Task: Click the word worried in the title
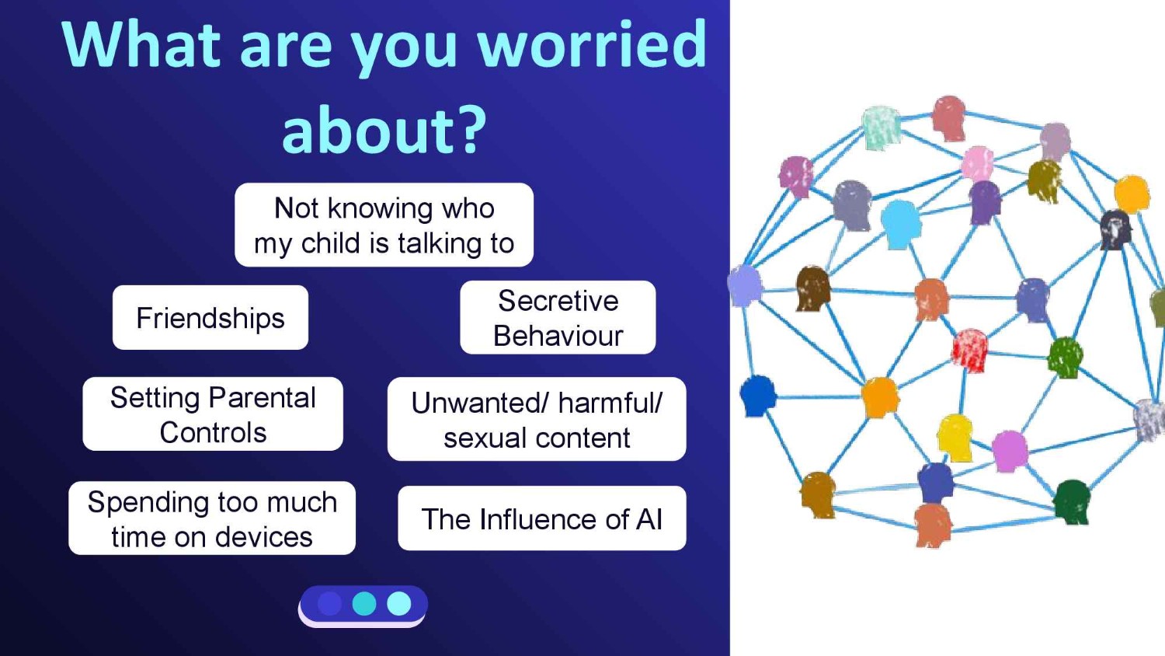pyautogui.click(x=592, y=45)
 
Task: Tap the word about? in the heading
pyautogui.click(x=384, y=130)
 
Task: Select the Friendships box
pyautogui.click(x=210, y=318)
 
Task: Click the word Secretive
pyautogui.click(x=558, y=301)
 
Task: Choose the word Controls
pyautogui.click(x=213, y=433)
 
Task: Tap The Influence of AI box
pyautogui.click(x=542, y=519)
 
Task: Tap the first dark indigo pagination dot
pyautogui.click(x=329, y=604)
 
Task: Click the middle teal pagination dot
pyautogui.click(x=364, y=604)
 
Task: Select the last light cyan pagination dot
pyautogui.click(x=399, y=604)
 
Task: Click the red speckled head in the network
pyautogui.click(x=969, y=349)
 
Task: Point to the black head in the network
pyautogui.click(x=1115, y=229)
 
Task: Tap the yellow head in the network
pyautogui.click(x=955, y=437)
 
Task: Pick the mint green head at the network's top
pyautogui.click(x=881, y=127)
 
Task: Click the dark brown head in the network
pyautogui.click(x=813, y=288)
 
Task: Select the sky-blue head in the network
pyautogui.click(x=901, y=222)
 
